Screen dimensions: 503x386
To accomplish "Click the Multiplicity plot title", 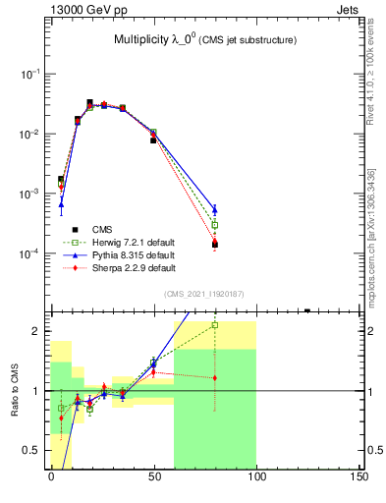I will click(205, 40).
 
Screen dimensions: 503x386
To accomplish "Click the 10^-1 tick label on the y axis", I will click(31, 74).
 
